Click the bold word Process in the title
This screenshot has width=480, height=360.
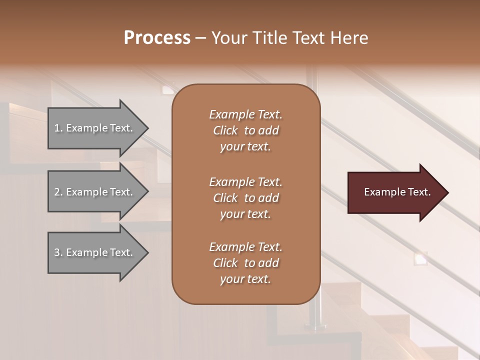tap(157, 38)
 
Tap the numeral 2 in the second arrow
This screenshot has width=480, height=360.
tap(57, 192)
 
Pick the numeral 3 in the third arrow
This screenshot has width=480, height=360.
tap(57, 252)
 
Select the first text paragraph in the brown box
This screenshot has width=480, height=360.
tap(245, 130)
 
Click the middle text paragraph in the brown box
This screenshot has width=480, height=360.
tap(245, 198)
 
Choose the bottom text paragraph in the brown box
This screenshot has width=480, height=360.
tap(245, 263)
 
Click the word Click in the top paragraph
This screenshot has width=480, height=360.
tap(225, 130)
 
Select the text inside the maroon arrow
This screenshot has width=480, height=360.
tap(397, 192)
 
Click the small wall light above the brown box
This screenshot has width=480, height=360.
tap(168, 90)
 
